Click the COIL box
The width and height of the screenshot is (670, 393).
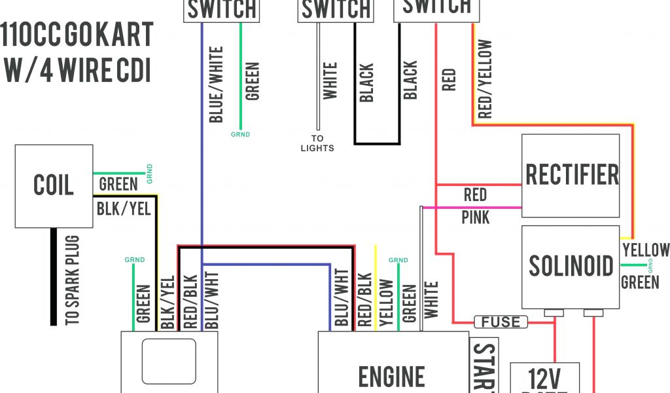[54, 185]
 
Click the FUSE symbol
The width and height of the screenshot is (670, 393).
[501, 322]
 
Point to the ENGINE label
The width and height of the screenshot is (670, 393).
[392, 376]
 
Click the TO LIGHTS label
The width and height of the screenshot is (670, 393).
[317, 143]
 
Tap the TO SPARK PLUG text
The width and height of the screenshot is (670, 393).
[72, 280]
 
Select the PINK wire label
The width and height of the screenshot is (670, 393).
[475, 217]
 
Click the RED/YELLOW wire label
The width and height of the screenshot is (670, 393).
[485, 79]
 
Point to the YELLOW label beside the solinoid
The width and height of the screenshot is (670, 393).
[646, 250]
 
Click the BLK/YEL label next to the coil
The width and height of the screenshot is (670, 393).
[124, 208]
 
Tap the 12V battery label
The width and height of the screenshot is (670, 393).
[544, 379]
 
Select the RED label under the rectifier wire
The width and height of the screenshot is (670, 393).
[475, 195]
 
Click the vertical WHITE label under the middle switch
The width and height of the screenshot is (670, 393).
[330, 81]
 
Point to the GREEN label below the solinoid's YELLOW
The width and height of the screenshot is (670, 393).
[640, 282]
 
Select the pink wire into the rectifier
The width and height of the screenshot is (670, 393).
[471, 208]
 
